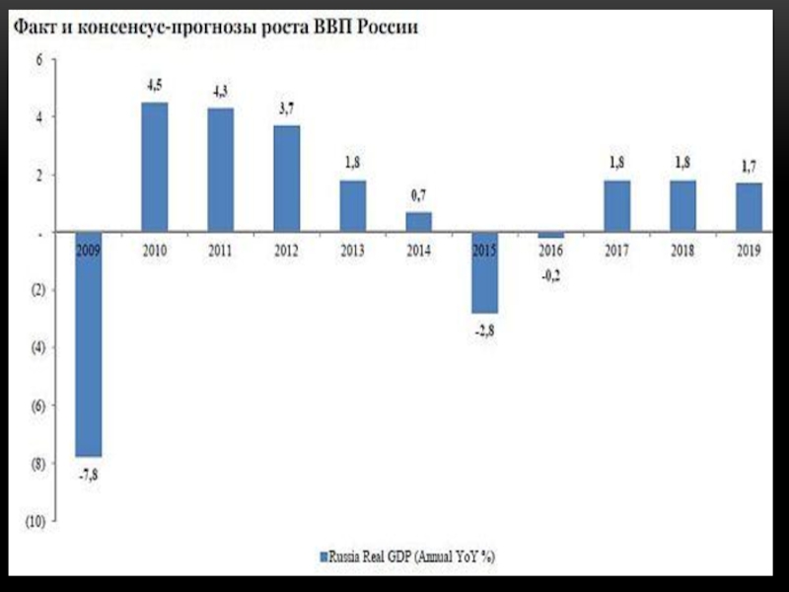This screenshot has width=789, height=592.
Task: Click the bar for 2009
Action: [89, 345]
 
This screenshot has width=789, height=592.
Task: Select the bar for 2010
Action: [155, 168]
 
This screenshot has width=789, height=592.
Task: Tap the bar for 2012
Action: [287, 180]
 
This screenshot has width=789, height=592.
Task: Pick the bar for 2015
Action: [484, 273]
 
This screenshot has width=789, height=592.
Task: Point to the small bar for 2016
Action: [550, 236]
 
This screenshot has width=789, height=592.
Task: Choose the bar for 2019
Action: [749, 208]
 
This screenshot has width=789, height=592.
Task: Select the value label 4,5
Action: [155, 87]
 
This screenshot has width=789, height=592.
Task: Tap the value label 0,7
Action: [419, 196]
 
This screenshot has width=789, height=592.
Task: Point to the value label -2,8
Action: [484, 329]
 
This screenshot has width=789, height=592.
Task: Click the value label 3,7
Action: [287, 110]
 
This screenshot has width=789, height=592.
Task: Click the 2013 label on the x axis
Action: [353, 252]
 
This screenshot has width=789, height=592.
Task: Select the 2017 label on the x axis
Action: [616, 252]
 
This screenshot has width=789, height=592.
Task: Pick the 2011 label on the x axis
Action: [221, 252]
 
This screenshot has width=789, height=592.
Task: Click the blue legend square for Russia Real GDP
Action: [322, 556]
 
